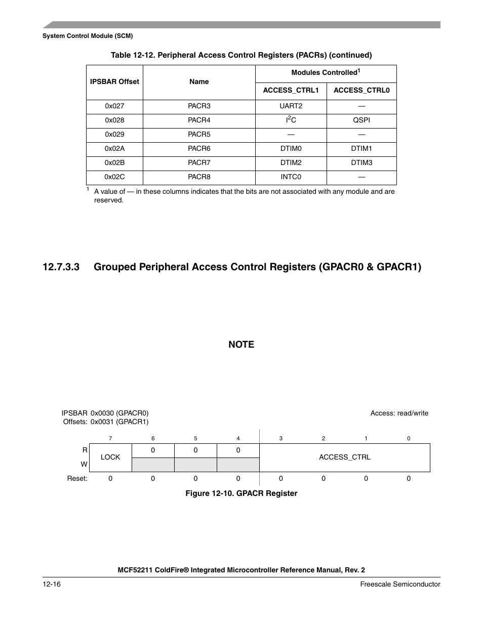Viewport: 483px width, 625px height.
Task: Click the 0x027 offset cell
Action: [x=114, y=106]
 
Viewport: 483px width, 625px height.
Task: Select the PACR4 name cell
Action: [x=199, y=120]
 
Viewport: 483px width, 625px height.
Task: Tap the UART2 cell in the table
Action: [x=291, y=106]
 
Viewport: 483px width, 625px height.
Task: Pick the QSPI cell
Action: [x=361, y=120]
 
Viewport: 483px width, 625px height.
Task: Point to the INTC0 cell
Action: [x=291, y=177]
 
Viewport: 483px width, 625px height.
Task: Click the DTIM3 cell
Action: [x=361, y=163]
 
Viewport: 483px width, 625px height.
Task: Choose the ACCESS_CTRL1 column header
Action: [x=291, y=91]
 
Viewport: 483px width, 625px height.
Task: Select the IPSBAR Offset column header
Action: [x=114, y=81]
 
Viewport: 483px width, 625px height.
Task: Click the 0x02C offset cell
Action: [x=114, y=177]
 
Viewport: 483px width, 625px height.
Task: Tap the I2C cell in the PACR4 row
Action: [x=291, y=120]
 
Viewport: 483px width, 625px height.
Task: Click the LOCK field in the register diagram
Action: [x=110, y=457]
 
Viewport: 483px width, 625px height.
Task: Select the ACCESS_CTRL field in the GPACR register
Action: [x=344, y=457]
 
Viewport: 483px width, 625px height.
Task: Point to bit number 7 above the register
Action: [x=110, y=439]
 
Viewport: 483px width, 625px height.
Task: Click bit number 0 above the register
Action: [x=409, y=439]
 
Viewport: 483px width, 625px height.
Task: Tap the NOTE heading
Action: [x=241, y=345]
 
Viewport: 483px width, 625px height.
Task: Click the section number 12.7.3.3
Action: [x=61, y=267]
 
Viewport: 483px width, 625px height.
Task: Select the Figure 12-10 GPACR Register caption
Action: [x=241, y=493]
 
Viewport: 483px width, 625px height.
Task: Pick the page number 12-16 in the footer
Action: [x=52, y=585]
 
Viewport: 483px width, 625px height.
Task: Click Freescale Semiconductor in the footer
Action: [x=400, y=585]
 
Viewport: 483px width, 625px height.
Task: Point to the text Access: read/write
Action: [x=399, y=413]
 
